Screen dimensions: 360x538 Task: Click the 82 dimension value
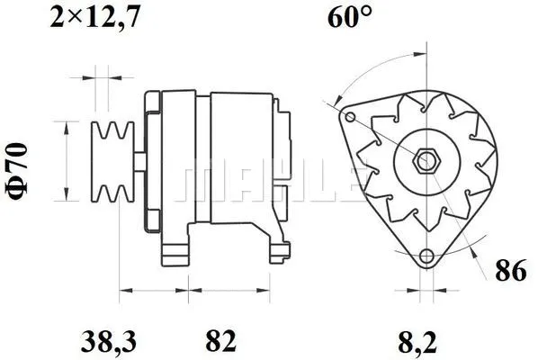220,341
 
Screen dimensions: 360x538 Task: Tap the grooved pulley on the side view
112,162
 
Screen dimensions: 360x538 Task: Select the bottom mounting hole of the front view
426,255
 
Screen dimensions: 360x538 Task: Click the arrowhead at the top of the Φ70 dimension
67,125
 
